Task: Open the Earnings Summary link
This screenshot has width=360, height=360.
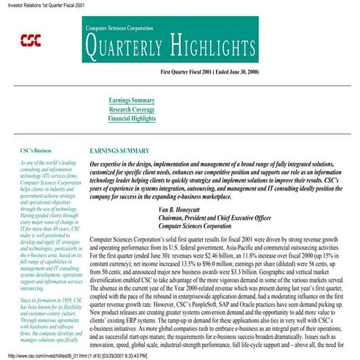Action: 132,100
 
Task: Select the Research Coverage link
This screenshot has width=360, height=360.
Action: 132,109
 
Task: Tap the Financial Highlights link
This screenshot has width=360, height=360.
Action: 132,118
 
